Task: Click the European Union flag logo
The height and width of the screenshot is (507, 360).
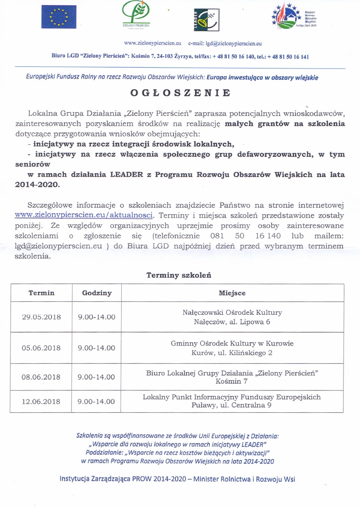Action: pos(59,17)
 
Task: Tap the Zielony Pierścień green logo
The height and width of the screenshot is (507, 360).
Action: pos(136,15)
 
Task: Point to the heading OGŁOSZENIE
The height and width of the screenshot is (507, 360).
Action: pos(180,93)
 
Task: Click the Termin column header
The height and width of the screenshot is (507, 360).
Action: pos(41,293)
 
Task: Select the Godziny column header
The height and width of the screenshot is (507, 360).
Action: pos(97,293)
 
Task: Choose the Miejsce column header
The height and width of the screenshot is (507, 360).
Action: pos(232,293)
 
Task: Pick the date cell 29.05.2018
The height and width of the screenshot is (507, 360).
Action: pos(41,317)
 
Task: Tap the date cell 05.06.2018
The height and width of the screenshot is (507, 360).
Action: pos(41,348)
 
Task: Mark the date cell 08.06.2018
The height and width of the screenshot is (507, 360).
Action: pos(41,377)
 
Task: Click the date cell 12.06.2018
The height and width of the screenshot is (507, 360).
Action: pos(41,401)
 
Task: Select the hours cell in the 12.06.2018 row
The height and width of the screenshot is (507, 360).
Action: pos(97,401)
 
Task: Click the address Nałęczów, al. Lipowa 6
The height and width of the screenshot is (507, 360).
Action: pos(232,322)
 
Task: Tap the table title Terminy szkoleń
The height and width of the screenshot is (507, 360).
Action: pos(179,275)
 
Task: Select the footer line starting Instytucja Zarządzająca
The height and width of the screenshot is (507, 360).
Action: pos(177,479)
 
